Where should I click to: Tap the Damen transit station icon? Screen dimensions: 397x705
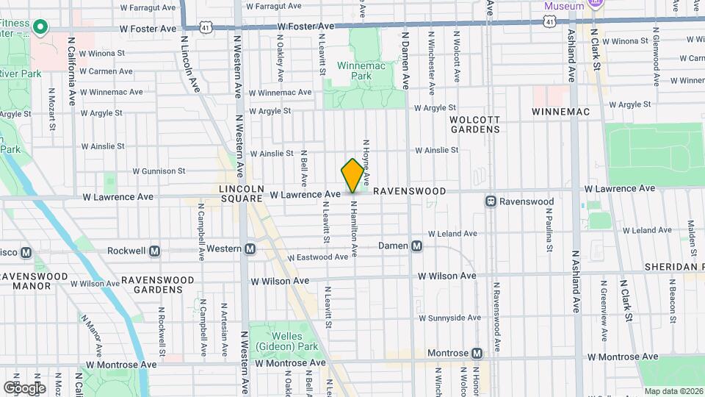tap(416, 246)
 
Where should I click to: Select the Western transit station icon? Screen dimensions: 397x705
tap(250, 248)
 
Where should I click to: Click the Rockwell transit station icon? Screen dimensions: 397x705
tap(154, 251)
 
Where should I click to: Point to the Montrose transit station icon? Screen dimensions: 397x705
tap(477, 354)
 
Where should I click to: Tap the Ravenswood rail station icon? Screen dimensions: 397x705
tap(490, 201)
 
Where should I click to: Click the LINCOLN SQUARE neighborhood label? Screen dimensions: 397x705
tap(241, 193)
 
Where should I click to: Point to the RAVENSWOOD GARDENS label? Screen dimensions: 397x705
tap(158, 285)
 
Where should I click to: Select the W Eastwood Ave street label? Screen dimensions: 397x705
tap(317, 257)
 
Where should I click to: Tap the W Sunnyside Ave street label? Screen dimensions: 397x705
tap(449, 318)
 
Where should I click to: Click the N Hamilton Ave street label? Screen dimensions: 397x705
tap(353, 230)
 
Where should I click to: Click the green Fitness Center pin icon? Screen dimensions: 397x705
tap(42, 29)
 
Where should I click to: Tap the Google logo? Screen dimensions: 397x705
tap(24, 387)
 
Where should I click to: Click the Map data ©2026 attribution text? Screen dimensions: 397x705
tap(673, 391)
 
